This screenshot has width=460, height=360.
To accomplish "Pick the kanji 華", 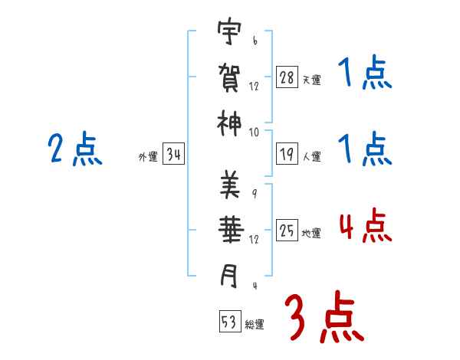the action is (230, 229).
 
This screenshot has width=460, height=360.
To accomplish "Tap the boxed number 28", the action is (287, 77).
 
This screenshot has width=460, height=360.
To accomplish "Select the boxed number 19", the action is (287, 155).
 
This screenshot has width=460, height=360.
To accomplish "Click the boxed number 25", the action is (287, 230).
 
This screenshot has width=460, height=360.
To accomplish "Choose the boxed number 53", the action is (229, 322).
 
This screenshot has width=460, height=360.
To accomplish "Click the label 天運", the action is (311, 80).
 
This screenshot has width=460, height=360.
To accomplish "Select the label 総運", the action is (255, 325).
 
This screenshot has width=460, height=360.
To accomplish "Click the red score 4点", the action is (365, 227).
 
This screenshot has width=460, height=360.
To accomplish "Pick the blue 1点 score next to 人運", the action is (365, 149).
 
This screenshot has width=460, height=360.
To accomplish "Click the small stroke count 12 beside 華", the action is (254, 241).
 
